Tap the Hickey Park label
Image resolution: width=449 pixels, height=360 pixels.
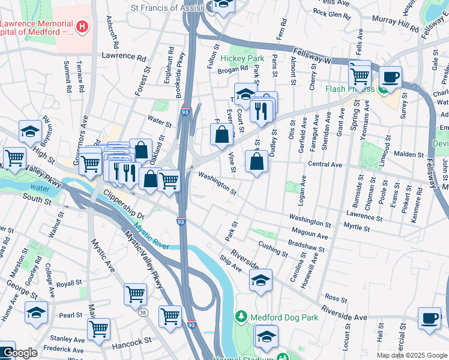coord(243,58)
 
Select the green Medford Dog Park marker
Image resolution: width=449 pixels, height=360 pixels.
coord(241,316)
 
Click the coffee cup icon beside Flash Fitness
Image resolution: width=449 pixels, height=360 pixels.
coord(390,77)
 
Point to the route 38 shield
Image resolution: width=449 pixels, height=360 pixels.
coord(142,313)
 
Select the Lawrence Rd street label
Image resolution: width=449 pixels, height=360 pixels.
coord(124,58)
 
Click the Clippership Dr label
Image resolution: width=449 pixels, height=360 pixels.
coord(124,205)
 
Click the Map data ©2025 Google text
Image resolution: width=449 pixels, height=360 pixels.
coord(411,355)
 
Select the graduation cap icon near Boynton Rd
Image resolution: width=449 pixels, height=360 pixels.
coord(30,131)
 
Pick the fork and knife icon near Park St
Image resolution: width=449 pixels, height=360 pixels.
coord(261,110)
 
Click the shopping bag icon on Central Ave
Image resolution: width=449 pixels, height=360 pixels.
coord(256,161)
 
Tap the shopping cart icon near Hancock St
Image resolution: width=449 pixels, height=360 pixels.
coord(98,329)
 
